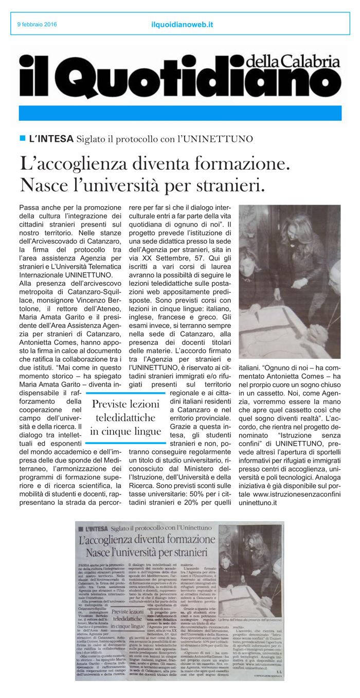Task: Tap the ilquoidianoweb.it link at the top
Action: (183, 24)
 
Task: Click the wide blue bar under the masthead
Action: (180, 113)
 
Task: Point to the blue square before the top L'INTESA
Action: (22, 138)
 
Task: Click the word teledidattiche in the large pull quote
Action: (125, 417)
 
